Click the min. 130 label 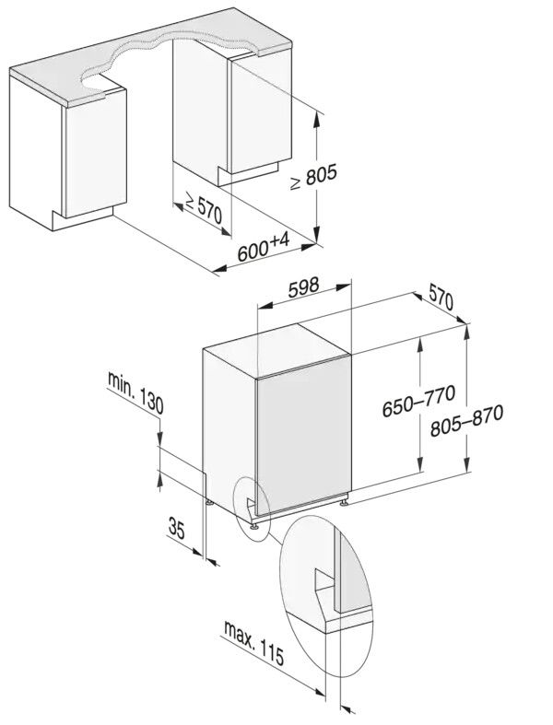pos(135,392)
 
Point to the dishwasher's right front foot pos(345,503)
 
